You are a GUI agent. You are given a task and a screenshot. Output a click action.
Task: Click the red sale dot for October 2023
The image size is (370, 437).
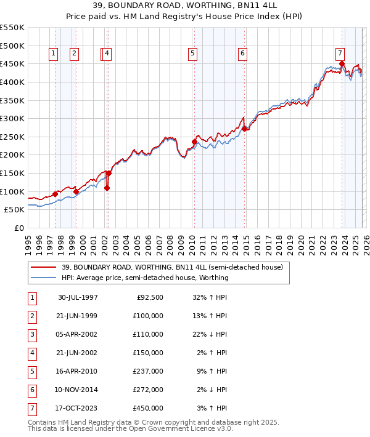342,63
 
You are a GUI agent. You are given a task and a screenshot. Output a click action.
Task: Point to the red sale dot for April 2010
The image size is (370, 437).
194,142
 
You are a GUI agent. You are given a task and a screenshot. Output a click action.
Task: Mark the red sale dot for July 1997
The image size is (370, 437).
55,194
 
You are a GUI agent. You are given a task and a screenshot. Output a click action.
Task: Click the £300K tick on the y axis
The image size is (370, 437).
12,118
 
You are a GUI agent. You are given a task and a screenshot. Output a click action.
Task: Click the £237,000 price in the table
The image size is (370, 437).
148,371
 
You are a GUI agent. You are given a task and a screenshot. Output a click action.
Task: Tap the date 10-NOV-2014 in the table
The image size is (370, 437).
78,390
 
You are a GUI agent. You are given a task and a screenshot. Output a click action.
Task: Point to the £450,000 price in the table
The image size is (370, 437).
148,407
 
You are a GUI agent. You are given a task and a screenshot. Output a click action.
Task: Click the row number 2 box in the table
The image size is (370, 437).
31,316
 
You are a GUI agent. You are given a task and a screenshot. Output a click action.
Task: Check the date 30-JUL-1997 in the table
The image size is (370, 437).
78,298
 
